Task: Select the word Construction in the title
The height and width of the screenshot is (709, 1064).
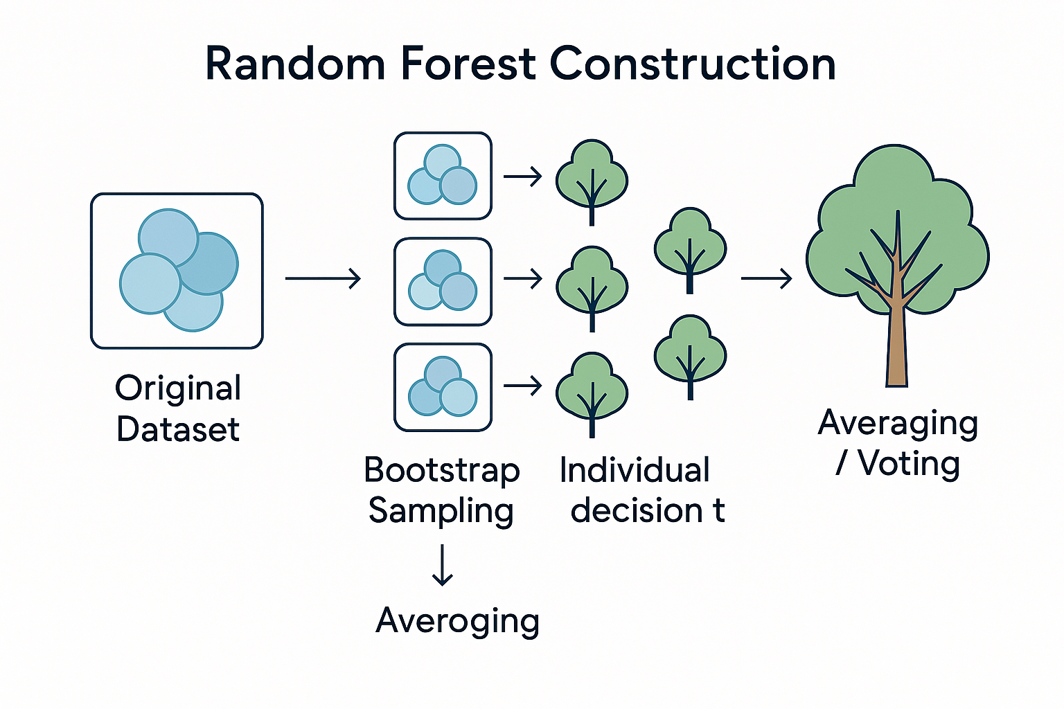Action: tap(693, 64)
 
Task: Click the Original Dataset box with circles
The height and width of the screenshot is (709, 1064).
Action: tap(177, 271)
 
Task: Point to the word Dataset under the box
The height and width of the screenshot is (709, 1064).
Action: tap(178, 429)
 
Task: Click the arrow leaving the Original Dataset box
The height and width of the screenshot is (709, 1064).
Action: tap(323, 279)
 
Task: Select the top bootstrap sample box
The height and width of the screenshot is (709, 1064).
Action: tap(443, 176)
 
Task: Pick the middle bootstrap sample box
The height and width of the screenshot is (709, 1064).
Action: tap(443, 282)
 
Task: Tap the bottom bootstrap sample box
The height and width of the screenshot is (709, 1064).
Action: tap(443, 388)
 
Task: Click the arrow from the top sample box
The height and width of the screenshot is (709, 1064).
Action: tap(523, 177)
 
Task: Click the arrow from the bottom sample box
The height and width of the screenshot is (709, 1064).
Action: tap(523, 386)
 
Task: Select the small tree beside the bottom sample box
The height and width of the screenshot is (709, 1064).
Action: tap(592, 393)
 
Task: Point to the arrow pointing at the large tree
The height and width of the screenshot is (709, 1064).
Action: tap(766, 279)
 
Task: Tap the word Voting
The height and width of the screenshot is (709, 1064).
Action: tap(909, 463)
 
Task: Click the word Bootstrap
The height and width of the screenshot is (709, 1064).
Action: tap(442, 470)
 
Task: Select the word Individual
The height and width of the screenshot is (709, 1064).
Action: tap(635, 470)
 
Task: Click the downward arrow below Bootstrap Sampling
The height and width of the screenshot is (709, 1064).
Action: tap(442, 565)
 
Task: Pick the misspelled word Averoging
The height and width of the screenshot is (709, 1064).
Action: tap(457, 621)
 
